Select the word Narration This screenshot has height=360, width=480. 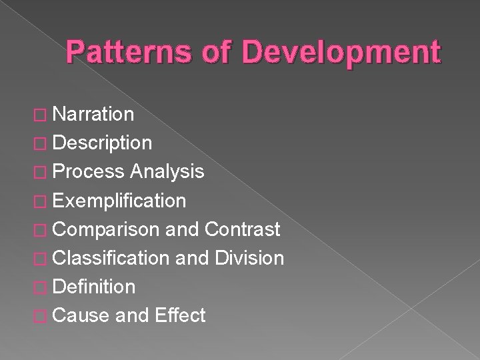click(x=93, y=115)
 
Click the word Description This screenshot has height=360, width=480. click(x=101, y=143)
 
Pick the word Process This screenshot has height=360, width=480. click(x=88, y=172)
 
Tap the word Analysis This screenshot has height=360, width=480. click(x=167, y=172)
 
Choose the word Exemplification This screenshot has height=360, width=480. click(x=119, y=201)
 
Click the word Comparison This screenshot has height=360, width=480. click(x=105, y=229)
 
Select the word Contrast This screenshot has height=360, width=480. click(x=242, y=229)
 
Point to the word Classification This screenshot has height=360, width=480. click(x=110, y=258)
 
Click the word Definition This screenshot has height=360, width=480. click(x=93, y=287)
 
